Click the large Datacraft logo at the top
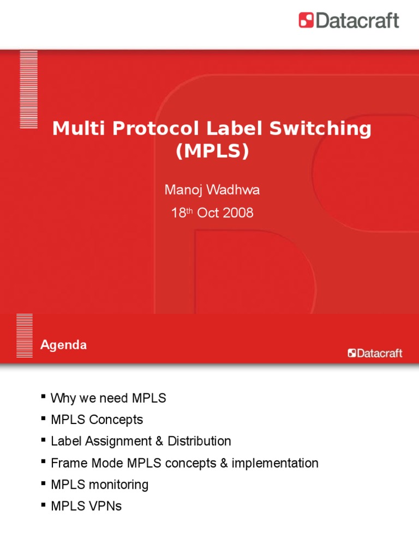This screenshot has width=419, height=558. pos(349,21)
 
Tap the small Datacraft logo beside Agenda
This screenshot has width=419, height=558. pos(375,353)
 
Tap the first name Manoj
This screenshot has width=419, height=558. pos(182,190)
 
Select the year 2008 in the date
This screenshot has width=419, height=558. pos(238,213)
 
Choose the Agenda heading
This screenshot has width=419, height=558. pos(63,345)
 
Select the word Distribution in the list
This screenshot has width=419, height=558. pos(199,441)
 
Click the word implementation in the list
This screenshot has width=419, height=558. pos(275,463)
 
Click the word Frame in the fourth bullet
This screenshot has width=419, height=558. pos(67,463)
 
